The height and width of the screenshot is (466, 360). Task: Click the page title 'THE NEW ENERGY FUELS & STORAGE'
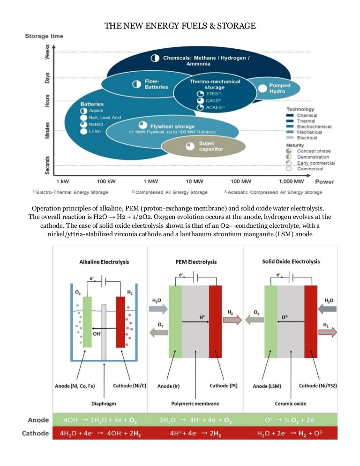(x=180, y=25)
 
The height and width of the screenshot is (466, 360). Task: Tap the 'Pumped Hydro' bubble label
(x=280, y=89)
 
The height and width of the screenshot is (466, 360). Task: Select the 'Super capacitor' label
(x=211, y=146)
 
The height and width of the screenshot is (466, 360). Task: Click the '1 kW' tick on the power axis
(x=63, y=181)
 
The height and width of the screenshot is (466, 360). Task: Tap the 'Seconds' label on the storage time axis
(x=47, y=165)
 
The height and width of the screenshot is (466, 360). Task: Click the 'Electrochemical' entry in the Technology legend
(x=314, y=127)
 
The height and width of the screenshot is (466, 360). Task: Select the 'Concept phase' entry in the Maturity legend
(x=313, y=151)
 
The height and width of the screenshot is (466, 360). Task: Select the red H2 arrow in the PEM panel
(x=232, y=320)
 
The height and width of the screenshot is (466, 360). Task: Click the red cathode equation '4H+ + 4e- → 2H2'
(x=195, y=433)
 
